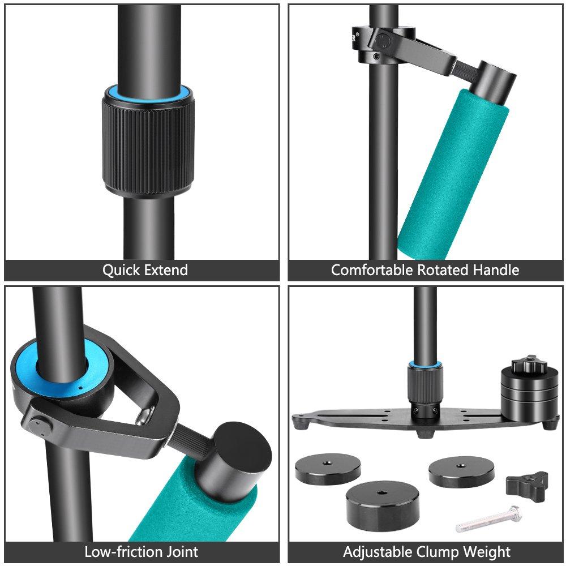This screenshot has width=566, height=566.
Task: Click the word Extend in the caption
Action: (166, 269)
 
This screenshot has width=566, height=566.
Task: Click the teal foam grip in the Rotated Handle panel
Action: (453, 173)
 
